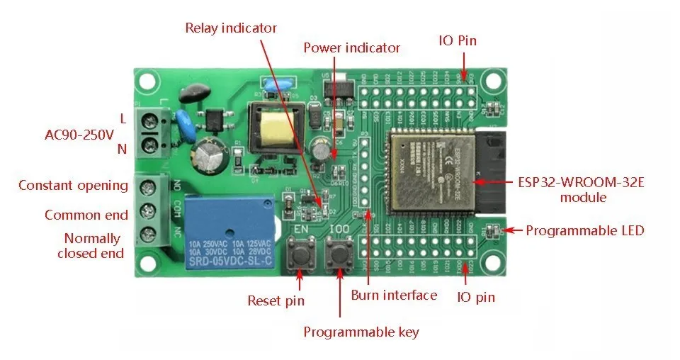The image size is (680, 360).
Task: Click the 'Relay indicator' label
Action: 230,28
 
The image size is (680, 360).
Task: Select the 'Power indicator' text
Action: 351,48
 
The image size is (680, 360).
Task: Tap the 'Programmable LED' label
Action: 584,230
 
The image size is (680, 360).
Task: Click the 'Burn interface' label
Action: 394,295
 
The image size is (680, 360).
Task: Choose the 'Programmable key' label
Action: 361,332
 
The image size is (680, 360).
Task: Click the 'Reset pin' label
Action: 276,300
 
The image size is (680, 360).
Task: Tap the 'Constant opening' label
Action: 73,186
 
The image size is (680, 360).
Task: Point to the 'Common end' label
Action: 86,215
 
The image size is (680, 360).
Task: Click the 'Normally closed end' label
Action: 91,245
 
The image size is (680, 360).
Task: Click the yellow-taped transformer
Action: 273,128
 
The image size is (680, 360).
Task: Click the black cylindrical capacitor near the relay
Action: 210,154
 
